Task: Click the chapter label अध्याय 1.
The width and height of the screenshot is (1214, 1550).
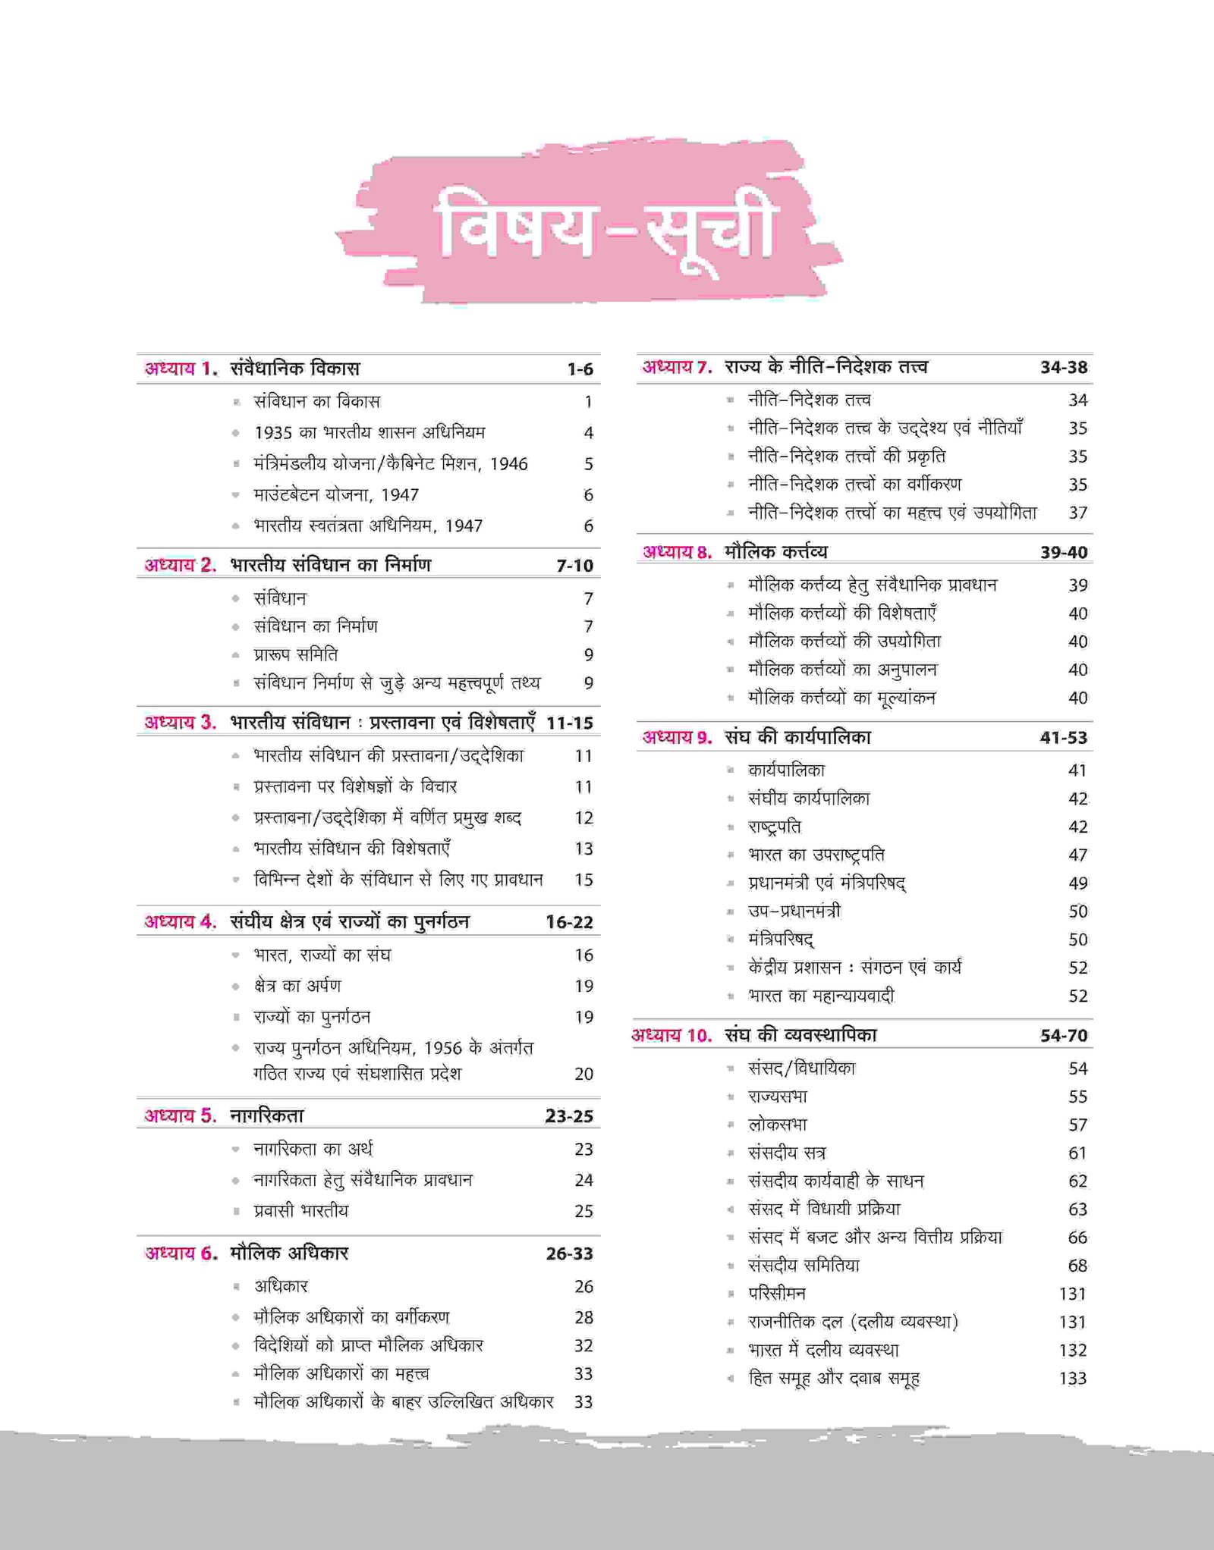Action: coord(181,369)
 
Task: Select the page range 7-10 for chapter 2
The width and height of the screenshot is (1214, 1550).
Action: coord(574,566)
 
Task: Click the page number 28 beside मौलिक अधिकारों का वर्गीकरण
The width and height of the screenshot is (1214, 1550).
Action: coord(583,1317)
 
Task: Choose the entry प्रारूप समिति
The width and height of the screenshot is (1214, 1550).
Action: coord(296,654)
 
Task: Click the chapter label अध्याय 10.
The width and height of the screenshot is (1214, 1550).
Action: coord(671,1035)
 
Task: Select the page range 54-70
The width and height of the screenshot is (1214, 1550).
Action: coord(1064,1036)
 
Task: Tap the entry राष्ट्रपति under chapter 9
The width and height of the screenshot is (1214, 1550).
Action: coord(775,827)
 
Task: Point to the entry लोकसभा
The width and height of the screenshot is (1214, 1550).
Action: coord(778,1125)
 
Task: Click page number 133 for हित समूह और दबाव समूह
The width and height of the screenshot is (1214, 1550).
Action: coord(1073,1379)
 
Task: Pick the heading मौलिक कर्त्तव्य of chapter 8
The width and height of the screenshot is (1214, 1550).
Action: coord(775,552)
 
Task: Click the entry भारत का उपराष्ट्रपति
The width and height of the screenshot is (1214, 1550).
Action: coord(816,855)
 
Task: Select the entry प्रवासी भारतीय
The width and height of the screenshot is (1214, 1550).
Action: coord(301,1211)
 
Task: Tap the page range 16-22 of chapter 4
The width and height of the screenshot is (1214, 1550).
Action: coord(569,923)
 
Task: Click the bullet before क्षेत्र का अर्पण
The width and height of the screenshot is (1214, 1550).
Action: coord(236,987)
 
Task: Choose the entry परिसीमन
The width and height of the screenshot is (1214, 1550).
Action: coord(777,1294)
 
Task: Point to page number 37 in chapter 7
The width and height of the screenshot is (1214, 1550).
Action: coord(1078,513)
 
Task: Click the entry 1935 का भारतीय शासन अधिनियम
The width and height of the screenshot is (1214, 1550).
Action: coord(370,433)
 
